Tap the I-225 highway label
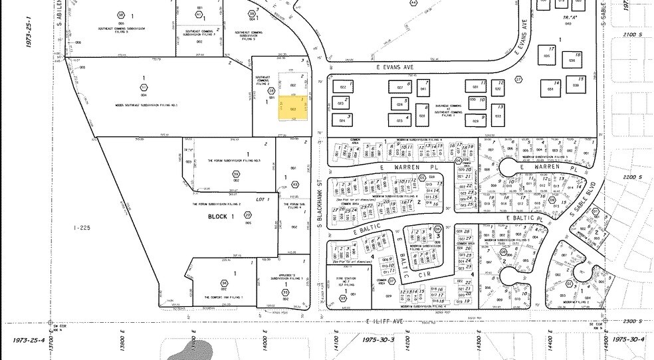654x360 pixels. (x=82, y=228)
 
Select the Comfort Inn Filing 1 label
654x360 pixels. (x=223, y=297)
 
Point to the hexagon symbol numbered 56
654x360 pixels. (x=224, y=283)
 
